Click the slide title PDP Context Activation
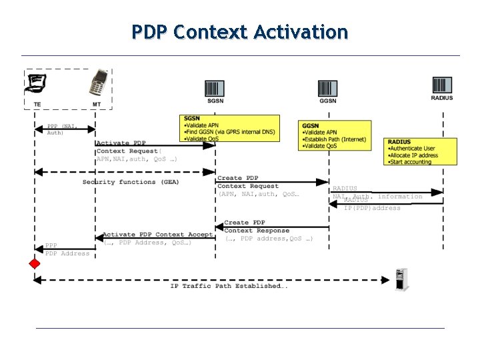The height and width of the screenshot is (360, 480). coord(239,31)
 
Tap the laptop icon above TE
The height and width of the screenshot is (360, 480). coord(36,83)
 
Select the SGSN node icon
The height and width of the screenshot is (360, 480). coord(215,88)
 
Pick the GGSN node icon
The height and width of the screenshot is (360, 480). coord(327,88)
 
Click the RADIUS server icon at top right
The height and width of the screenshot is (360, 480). coord(441,85)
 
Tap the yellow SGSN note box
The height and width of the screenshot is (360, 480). coord(229,129)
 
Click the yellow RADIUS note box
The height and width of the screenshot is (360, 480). coord(421,152)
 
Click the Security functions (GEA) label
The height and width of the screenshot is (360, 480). coord(131,182)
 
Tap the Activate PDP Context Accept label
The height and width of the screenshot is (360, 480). coord(157,235)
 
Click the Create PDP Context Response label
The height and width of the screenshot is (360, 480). coord(256,227)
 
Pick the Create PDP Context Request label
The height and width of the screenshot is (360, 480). coord(248,182)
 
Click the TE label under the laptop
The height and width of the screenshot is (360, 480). coord(37,103)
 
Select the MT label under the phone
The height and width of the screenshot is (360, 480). coord(97,103)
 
